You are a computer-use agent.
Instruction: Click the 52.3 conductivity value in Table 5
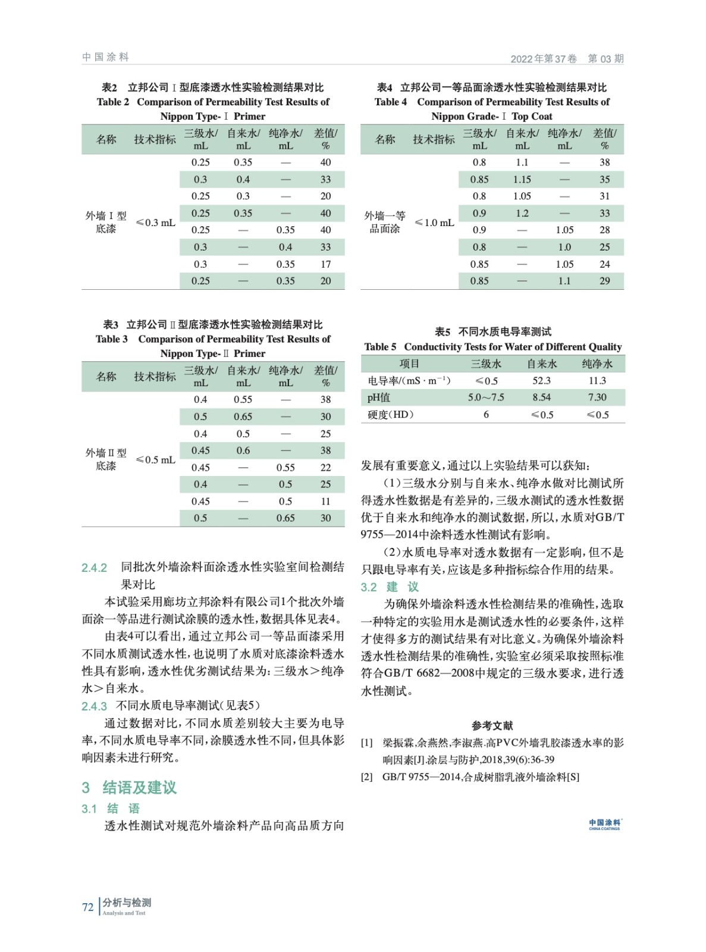click(x=541, y=381)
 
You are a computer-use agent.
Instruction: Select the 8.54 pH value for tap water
click(x=541, y=397)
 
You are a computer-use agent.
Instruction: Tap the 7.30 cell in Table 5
click(x=597, y=397)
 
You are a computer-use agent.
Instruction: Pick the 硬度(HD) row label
click(x=390, y=415)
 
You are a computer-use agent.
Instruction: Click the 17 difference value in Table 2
click(x=325, y=264)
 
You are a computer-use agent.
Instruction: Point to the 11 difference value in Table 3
click(x=325, y=502)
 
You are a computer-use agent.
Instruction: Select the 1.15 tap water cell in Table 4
click(x=522, y=180)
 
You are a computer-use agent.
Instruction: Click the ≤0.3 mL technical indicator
click(x=155, y=223)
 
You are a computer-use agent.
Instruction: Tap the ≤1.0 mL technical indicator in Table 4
click(x=434, y=223)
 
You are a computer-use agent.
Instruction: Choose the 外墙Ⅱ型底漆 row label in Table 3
click(x=106, y=459)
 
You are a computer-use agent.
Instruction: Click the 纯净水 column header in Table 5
click(x=597, y=364)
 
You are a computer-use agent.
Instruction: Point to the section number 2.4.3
click(x=94, y=706)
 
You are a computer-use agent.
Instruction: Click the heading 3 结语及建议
click(x=129, y=788)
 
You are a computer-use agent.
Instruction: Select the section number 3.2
click(x=369, y=587)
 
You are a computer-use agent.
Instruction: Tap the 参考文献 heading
click(x=492, y=725)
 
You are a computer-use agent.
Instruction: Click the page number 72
click(x=87, y=907)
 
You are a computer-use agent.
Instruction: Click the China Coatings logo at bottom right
click(x=604, y=824)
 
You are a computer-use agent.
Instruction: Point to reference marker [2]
click(x=367, y=777)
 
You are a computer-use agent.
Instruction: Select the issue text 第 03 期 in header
click(x=605, y=58)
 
